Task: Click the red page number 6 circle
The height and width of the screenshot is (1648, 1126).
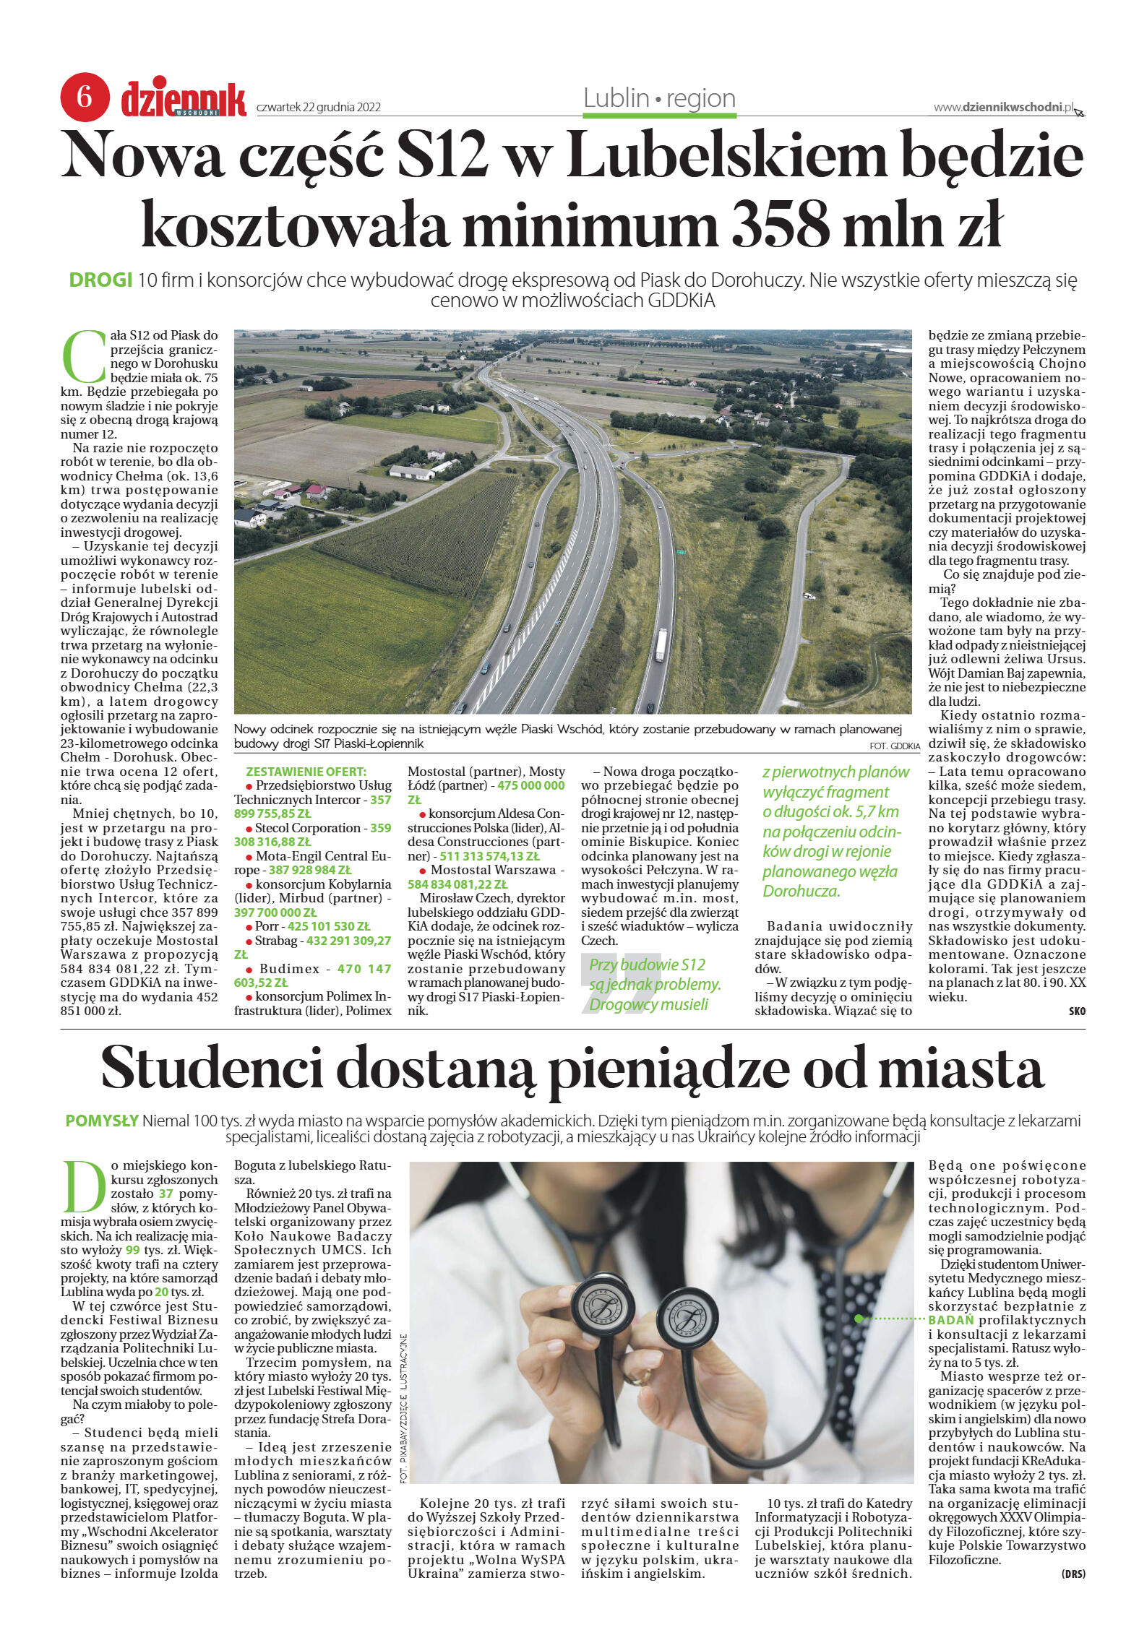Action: click(85, 96)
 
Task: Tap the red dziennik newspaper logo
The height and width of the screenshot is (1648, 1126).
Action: click(184, 99)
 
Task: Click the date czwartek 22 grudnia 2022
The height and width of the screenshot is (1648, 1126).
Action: click(318, 108)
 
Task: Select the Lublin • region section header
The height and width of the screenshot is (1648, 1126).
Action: click(659, 98)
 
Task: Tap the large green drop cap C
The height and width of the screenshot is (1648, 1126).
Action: click(84, 357)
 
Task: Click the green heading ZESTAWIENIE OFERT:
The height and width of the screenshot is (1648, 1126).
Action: click(306, 772)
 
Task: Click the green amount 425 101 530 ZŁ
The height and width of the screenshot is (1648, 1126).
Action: click(329, 926)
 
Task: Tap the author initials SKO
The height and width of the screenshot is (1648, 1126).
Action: click(1076, 1011)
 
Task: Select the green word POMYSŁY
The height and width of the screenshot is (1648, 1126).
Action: click(102, 1121)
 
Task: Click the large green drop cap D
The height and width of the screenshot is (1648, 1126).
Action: click(85, 1187)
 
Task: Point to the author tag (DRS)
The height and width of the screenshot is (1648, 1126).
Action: click(1073, 1574)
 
